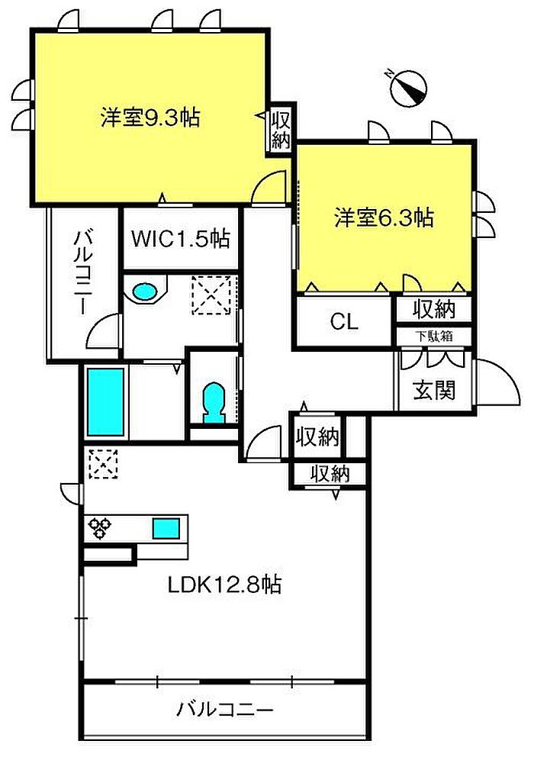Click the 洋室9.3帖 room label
pyautogui.click(x=150, y=118)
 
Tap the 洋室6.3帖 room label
pyautogui.click(x=384, y=217)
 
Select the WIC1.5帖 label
pyautogui.click(x=181, y=239)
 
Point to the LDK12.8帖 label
pyautogui.click(x=224, y=585)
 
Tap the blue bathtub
pyautogui.click(x=106, y=402)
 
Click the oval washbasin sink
pyautogui.click(x=144, y=292)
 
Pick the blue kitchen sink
pyautogui.click(x=166, y=527)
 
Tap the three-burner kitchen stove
pyautogui.click(x=99, y=527)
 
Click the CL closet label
pyautogui.click(x=344, y=321)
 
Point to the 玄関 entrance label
pyautogui.click(x=434, y=390)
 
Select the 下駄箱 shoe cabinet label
pyautogui.click(x=433, y=336)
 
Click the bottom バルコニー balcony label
pyautogui.click(x=225, y=710)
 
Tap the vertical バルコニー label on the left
pyautogui.click(x=81, y=272)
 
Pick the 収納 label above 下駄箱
pyautogui.click(x=433, y=309)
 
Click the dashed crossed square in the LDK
pyautogui.click(x=103, y=463)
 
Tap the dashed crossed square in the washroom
pyautogui.click(x=211, y=295)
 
